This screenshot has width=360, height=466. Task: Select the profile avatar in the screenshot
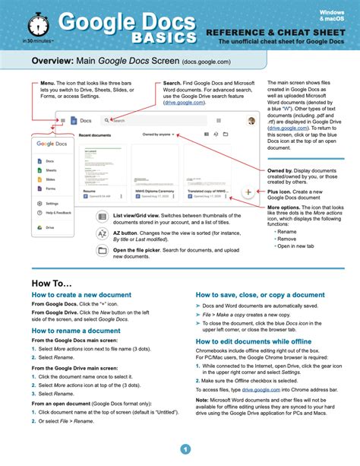pyautogui.click(x=251, y=120)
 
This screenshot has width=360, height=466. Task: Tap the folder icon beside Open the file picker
pyautogui.click(x=103, y=252)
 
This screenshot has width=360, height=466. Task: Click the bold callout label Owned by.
pyautogui.click(x=281, y=172)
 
